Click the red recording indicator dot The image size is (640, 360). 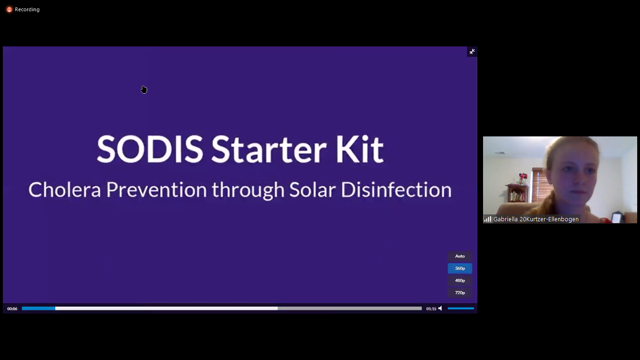click(x=9, y=10)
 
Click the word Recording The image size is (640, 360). click(x=27, y=9)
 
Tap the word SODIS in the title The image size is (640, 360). click(x=150, y=149)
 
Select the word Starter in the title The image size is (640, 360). click(x=268, y=149)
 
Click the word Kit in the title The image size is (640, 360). click(x=359, y=149)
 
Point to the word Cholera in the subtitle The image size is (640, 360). click(x=65, y=189)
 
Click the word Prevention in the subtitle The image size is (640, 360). click(x=156, y=189)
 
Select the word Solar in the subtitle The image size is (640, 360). click(x=313, y=189)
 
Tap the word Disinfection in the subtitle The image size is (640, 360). click(x=396, y=189)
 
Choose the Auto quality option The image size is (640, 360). click(x=460, y=256)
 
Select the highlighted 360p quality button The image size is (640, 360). click(x=460, y=268)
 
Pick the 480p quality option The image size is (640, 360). click(x=460, y=280)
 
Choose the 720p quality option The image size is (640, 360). click(x=460, y=293)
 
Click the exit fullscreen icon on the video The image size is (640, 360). click(x=472, y=52)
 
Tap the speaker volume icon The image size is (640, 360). click(x=440, y=308)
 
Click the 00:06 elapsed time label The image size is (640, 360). click(x=12, y=309)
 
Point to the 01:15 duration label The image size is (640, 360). click(x=431, y=309)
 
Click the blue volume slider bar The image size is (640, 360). click(x=461, y=308)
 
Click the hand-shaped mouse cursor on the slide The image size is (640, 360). click(x=144, y=90)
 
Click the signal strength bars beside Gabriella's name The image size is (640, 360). click(x=488, y=219)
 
